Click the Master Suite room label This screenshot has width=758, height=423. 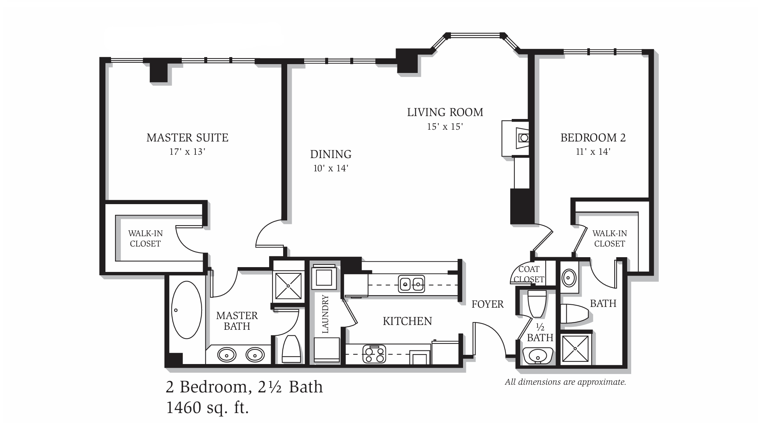[187, 138]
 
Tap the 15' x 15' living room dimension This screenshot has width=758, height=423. [445, 127]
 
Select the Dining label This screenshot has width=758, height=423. [331, 154]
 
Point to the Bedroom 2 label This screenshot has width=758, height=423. [593, 138]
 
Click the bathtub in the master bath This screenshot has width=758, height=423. [187, 310]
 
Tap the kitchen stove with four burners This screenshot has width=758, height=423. [374, 354]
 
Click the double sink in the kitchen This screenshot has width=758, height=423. [411, 284]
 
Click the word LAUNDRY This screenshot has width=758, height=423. [325, 314]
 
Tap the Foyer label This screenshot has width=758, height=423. [487, 304]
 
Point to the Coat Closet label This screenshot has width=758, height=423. [529, 274]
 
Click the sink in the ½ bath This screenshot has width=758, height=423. [538, 356]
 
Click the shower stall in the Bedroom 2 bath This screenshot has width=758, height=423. [576, 349]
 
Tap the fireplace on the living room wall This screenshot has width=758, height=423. [515, 138]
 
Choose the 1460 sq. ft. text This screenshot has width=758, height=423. [208, 408]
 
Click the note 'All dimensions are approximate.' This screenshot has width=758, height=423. [565, 382]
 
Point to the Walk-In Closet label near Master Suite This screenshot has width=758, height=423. [145, 238]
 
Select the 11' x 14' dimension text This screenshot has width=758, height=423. [593, 152]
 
